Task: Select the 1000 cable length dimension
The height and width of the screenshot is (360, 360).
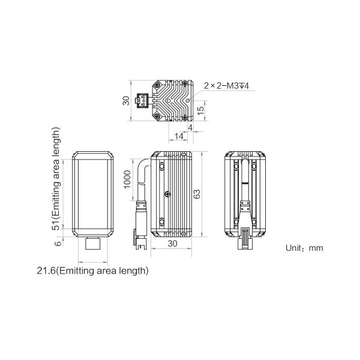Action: click(127, 179)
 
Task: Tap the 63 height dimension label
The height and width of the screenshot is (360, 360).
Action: click(197, 194)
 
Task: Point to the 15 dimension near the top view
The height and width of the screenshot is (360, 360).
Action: click(200, 110)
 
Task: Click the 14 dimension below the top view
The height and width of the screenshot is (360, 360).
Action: click(179, 136)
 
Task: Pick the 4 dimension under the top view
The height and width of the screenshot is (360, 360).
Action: click(190, 128)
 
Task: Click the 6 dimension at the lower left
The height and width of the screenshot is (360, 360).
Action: click(58, 243)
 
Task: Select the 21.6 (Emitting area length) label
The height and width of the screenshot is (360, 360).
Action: click(92, 271)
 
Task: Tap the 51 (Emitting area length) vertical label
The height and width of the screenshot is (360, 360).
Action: click(56, 178)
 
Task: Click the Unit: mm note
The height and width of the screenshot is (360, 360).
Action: click(304, 248)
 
